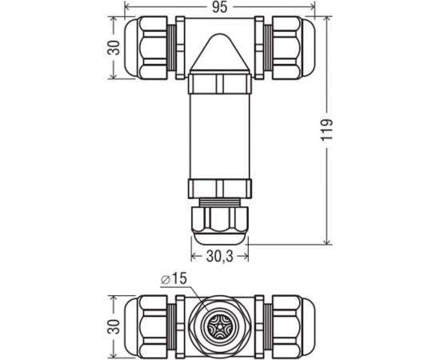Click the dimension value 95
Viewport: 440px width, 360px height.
click(x=220, y=7)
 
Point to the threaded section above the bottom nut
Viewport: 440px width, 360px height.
click(x=220, y=201)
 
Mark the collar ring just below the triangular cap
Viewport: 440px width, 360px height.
click(x=220, y=84)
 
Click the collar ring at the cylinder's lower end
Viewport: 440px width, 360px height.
click(x=220, y=189)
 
